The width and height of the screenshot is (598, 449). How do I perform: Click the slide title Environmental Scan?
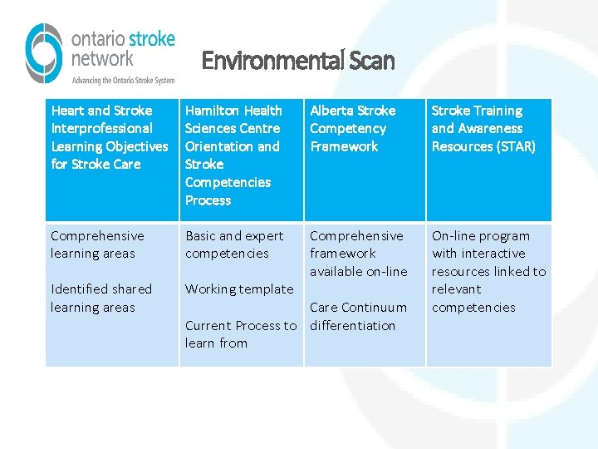click(298, 61)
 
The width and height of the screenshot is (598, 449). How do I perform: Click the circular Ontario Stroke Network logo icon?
click(44, 53)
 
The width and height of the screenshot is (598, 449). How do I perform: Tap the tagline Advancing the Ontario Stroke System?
click(123, 81)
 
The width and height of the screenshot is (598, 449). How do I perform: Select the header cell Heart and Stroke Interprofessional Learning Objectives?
click(110, 137)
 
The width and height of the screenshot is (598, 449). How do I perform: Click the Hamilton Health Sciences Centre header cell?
click(233, 155)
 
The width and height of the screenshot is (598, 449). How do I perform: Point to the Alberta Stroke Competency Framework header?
click(352, 128)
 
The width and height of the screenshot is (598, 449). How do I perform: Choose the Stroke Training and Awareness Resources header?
click(483, 128)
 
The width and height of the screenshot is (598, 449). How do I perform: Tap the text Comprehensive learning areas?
click(97, 244)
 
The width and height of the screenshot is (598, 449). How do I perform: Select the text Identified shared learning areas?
click(100, 298)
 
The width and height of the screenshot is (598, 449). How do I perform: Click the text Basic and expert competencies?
click(233, 244)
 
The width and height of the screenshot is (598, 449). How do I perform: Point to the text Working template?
click(239, 289)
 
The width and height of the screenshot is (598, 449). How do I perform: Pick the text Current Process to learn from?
click(240, 334)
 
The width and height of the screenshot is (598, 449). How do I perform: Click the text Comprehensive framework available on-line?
click(358, 254)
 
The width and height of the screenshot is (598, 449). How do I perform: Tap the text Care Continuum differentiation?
click(358, 316)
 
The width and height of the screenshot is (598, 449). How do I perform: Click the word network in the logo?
click(102, 58)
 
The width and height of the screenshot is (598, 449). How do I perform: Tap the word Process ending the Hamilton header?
click(208, 200)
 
